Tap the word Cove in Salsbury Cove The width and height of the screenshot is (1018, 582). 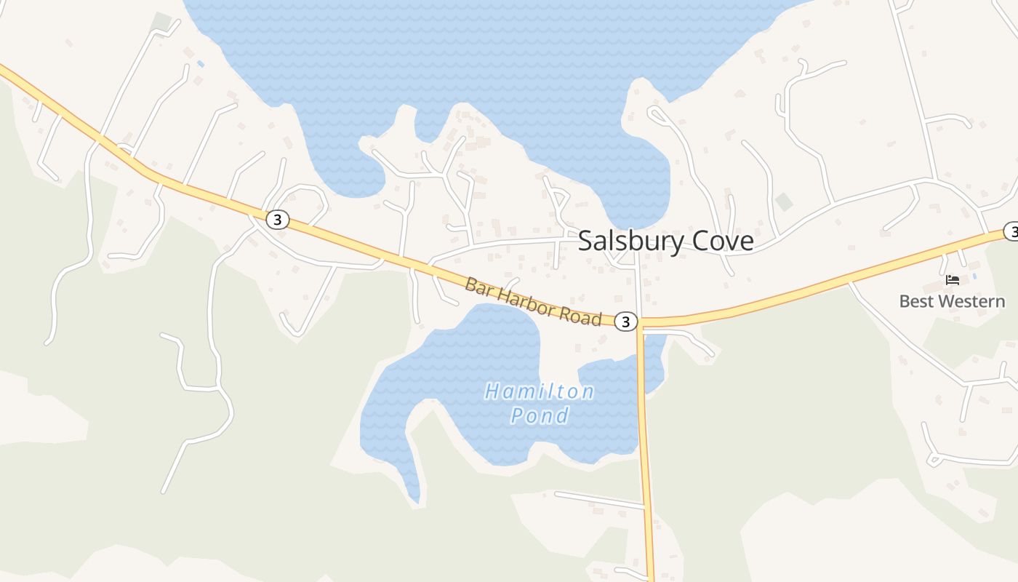[723, 241]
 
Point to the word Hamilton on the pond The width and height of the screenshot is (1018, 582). [540, 392]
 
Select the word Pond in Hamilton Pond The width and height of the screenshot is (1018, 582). [540, 416]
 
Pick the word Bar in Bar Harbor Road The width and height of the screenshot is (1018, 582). [477, 285]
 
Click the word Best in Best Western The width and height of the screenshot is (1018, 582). [915, 301]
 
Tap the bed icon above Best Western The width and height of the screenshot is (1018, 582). [953, 280]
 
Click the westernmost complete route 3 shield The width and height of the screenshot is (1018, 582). [277, 219]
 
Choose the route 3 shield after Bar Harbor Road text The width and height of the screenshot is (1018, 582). [626, 321]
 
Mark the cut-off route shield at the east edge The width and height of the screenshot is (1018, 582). [1011, 231]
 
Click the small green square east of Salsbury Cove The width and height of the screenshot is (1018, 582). [784, 202]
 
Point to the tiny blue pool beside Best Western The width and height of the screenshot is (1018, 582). [974, 276]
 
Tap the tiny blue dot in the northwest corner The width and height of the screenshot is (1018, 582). [201, 64]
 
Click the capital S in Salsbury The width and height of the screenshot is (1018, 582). [585, 242]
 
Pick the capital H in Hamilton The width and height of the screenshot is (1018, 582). [492, 392]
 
